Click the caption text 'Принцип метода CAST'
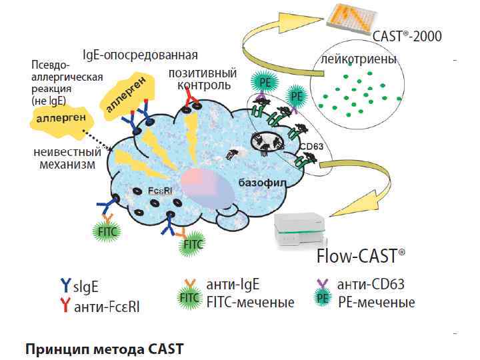coord(103,348)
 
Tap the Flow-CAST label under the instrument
coord(361,255)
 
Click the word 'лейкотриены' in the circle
coord(359,59)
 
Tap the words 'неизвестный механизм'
coord(67,159)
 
